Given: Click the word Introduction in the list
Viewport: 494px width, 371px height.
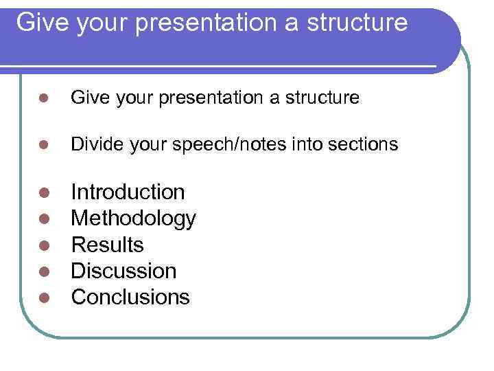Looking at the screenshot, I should tap(128, 192).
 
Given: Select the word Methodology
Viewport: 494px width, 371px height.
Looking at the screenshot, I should tap(133, 218).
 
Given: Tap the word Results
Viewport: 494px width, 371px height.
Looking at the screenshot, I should tap(107, 245).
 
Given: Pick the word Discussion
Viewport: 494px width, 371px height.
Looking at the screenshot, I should tap(123, 271).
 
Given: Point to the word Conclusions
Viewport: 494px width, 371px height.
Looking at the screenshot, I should tap(130, 297).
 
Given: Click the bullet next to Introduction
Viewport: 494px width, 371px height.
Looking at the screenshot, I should tap(43, 193).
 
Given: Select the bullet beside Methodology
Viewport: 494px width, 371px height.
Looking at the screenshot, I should tap(43, 219).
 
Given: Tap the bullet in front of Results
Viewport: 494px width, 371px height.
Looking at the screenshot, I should tap(43, 245).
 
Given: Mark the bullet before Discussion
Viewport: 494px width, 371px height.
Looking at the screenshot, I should tap(43, 271).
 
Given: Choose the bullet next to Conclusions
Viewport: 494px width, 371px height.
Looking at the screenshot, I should tap(43, 297).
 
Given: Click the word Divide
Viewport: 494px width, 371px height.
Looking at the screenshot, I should tap(92, 144).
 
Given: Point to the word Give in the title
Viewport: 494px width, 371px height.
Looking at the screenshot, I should tap(40, 23).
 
